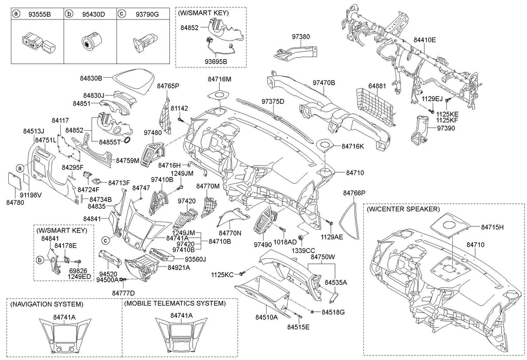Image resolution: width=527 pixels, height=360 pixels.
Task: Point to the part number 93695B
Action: (216, 62)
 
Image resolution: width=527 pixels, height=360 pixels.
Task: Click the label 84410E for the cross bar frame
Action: (424, 40)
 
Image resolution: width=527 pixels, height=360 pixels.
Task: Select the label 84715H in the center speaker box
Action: (492, 227)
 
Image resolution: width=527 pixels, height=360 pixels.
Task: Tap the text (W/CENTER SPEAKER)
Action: (403, 209)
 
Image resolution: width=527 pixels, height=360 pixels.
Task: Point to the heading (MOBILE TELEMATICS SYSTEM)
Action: (175, 303)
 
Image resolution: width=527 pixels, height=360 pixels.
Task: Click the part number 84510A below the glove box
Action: (266, 317)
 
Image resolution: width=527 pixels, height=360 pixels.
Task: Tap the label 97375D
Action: (273, 101)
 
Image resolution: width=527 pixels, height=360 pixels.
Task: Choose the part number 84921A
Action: (179, 267)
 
